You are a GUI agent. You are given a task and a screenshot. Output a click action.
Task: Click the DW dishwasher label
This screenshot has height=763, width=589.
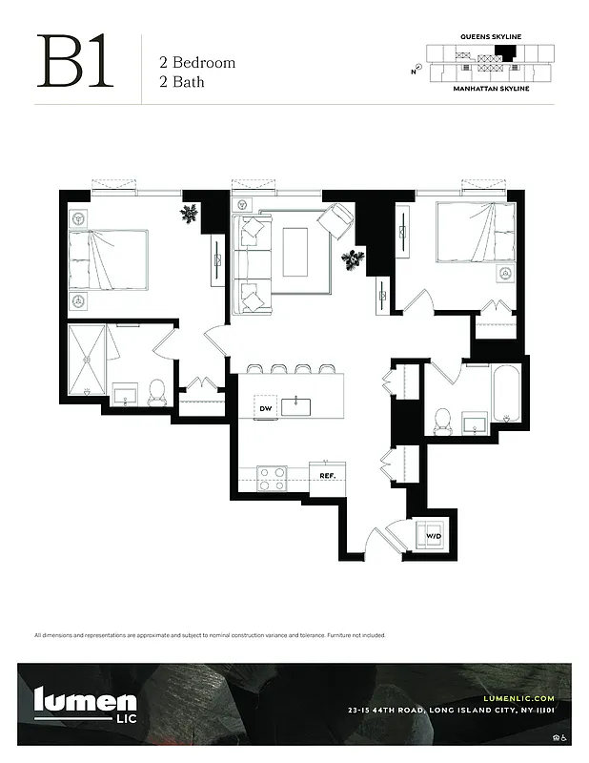267,408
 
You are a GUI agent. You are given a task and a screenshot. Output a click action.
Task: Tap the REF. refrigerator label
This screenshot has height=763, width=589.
327,475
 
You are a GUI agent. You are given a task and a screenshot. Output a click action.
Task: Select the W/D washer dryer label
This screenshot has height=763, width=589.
434,536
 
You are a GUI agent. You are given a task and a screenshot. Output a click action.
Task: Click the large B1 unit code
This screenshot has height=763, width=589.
75,62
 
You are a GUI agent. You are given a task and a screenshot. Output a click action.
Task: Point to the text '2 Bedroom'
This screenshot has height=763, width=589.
196,63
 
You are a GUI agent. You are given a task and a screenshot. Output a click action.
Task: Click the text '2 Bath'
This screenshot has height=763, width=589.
181,82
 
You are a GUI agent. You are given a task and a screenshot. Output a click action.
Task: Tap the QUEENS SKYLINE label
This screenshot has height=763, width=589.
491,36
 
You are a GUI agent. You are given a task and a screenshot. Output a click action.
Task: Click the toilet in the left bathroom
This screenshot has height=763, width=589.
158,390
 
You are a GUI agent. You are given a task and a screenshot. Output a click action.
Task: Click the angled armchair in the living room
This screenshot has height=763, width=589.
336,221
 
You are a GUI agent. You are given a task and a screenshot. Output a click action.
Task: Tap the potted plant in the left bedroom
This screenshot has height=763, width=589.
191,214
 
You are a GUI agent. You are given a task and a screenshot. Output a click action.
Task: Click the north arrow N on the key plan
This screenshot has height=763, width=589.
415,71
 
